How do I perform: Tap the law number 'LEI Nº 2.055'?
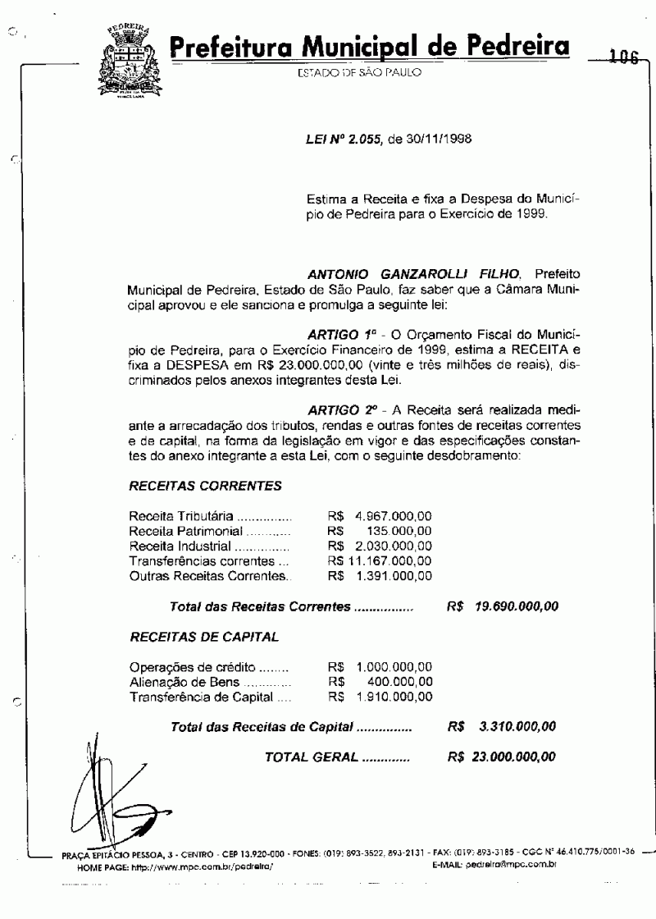tap(339, 138)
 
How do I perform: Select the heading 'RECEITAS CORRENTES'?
tap(205, 486)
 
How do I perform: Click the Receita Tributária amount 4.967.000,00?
tap(393, 516)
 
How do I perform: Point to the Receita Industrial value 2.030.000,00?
tap(393, 546)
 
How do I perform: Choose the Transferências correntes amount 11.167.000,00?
tap(389, 561)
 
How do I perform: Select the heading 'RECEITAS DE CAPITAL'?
tap(204, 636)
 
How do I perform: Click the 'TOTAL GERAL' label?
tap(312, 757)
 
